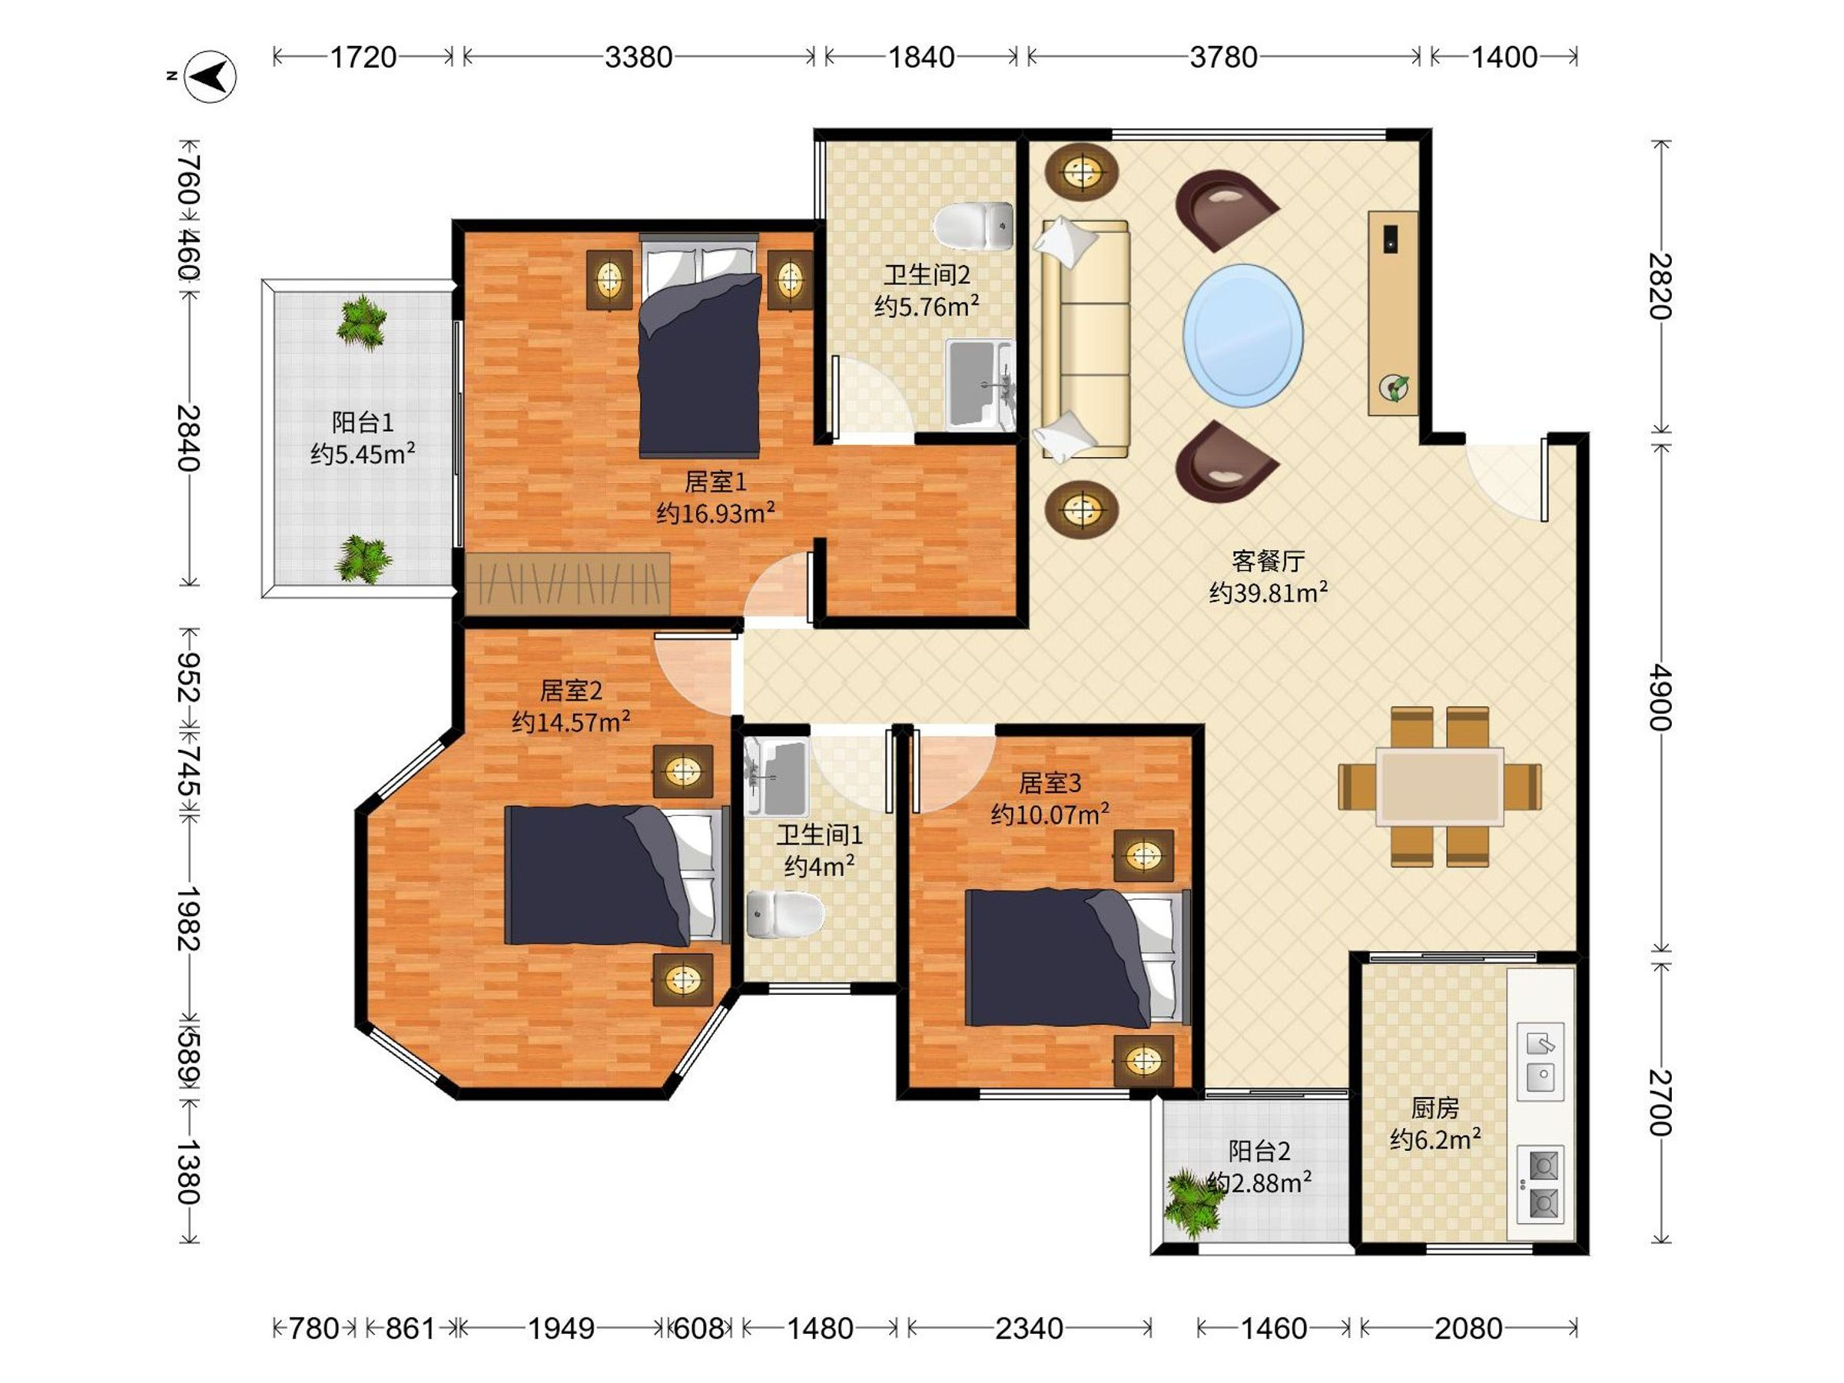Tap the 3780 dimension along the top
coord(1223,58)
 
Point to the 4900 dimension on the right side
coord(1660,697)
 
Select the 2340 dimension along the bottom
coord(1029,1328)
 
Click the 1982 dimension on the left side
coord(188,918)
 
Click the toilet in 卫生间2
coord(973,225)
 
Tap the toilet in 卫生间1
coord(784,914)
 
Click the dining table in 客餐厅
coord(1440,787)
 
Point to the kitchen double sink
coord(1540,1061)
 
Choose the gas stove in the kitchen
coord(1540,1185)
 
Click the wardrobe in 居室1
coord(568,583)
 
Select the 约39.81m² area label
coord(1268,592)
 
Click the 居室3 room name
coord(1050,783)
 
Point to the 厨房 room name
coord(1434,1108)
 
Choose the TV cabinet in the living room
coord(1393,313)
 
